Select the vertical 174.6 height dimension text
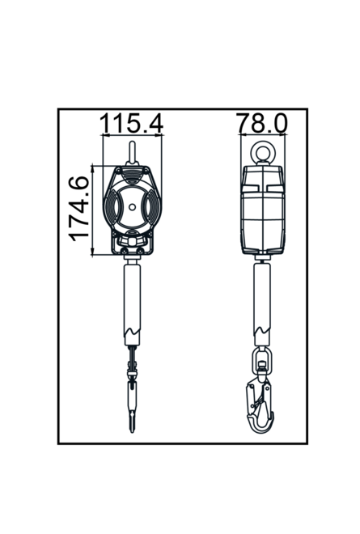(x=79, y=209)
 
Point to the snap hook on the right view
(x=260, y=405)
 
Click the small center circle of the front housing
(x=133, y=207)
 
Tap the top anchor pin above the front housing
(x=132, y=152)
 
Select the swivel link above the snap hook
(x=261, y=360)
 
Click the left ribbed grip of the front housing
(x=112, y=208)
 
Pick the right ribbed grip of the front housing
(x=153, y=208)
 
